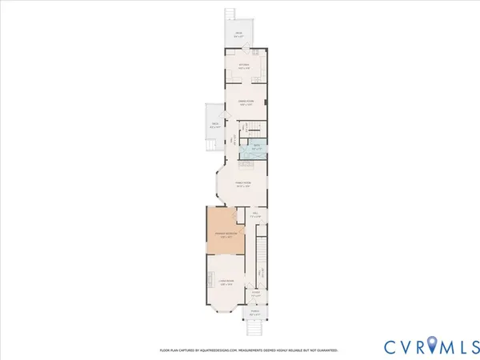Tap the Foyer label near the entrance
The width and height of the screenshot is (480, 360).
(x=257, y=294)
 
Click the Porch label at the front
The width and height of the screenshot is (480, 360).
(x=254, y=312)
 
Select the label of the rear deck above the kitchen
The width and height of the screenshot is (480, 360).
(x=238, y=34)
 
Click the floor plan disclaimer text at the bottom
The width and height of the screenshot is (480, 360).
(x=249, y=350)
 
